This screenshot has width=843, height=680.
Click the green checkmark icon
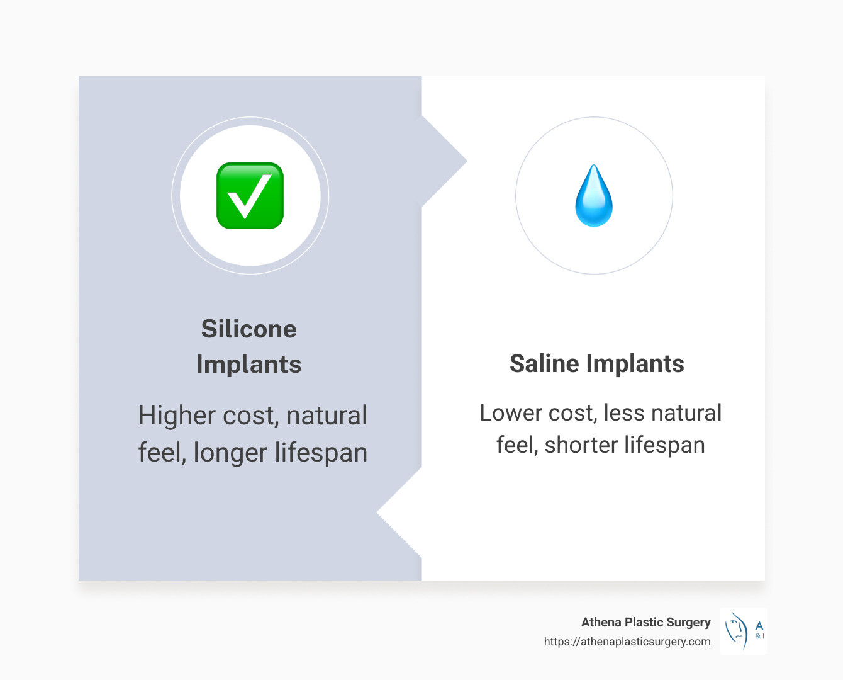(250, 196)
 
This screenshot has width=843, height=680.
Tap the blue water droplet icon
(594, 196)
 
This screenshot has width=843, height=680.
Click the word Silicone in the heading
(248, 329)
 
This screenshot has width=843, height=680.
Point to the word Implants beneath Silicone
(248, 365)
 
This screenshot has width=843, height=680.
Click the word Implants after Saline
(635, 364)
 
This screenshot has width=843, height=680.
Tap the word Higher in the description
(177, 416)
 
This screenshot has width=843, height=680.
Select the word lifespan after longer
(321, 453)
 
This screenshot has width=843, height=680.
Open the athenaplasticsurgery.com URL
(627, 642)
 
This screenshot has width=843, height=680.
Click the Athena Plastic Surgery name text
(645, 622)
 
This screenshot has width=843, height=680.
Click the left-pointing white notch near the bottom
(399, 513)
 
